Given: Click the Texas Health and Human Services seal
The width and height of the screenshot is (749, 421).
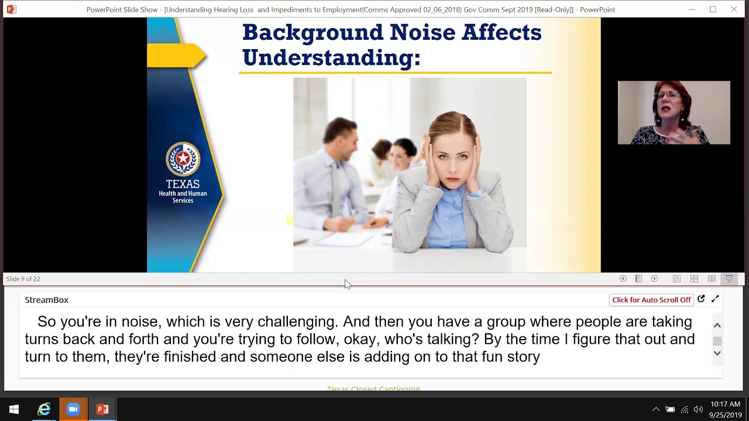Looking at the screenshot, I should click(x=183, y=159).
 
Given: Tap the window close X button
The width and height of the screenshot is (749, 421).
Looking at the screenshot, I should click(x=734, y=9).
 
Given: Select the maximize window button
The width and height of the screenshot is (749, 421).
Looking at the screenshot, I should click(x=713, y=9).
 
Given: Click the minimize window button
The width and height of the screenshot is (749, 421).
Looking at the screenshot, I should click(x=692, y=9).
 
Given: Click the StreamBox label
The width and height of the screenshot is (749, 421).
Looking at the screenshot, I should click(x=46, y=300).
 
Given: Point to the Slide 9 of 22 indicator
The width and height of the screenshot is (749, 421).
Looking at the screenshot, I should click(x=23, y=279).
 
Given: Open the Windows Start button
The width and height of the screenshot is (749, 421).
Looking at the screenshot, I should click(x=14, y=409).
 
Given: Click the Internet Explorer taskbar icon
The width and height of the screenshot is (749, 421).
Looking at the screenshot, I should click(x=44, y=409).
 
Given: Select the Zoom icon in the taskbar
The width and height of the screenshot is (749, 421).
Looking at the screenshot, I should click(x=73, y=409).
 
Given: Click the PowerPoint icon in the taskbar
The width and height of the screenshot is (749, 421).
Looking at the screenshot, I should click(x=102, y=409).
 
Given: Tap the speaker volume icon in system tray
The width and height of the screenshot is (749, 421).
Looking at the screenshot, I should click(x=698, y=409).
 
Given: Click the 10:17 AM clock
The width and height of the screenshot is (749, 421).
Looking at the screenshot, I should click(x=725, y=405).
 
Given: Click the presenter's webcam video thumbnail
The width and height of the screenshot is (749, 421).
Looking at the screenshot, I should click(x=674, y=112).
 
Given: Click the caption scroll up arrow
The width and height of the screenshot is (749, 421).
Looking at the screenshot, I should click(x=717, y=326).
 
